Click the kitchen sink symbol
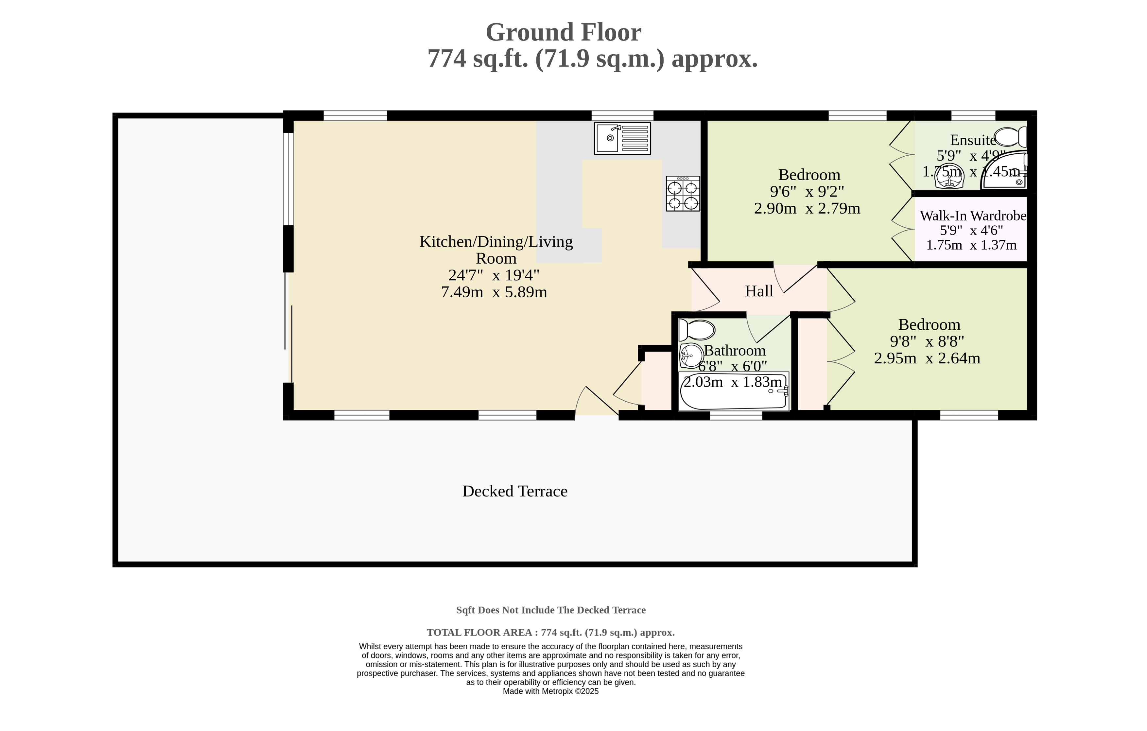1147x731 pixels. (x=622, y=138)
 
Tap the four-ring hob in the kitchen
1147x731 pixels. (x=683, y=193)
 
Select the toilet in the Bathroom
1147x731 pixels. (x=696, y=330)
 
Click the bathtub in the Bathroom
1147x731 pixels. (x=734, y=391)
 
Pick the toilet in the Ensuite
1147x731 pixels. (x=1010, y=137)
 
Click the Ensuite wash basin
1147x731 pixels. (x=950, y=176)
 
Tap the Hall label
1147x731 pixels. (x=759, y=291)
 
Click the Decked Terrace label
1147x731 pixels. (x=515, y=491)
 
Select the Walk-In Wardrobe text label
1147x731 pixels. (x=973, y=216)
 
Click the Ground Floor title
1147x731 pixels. (x=564, y=32)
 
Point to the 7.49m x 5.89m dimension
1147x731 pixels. (x=494, y=292)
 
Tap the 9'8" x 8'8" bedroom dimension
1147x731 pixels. (x=927, y=341)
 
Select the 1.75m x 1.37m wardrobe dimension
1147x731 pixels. (x=971, y=245)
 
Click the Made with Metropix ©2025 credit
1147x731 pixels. (x=551, y=691)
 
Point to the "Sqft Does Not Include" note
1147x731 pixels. (x=551, y=610)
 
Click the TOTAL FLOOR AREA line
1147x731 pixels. (x=551, y=633)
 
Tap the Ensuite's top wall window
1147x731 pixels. (x=973, y=115)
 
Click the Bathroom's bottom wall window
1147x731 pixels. (x=736, y=415)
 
